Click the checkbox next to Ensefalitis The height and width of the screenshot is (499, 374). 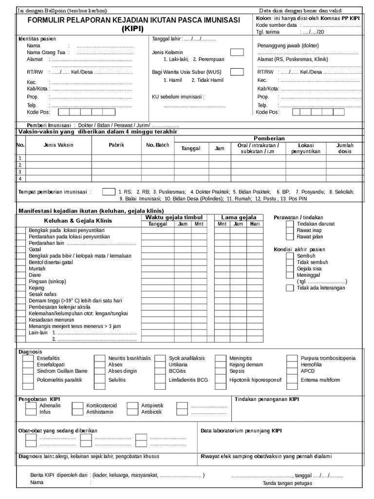(x=27, y=358)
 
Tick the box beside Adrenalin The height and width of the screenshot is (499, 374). (x=31, y=405)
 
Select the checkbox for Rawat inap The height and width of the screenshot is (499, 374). (x=290, y=230)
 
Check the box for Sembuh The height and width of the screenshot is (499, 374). (x=290, y=256)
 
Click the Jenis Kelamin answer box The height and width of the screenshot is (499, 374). (x=237, y=52)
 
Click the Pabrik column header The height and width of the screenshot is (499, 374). (x=116, y=145)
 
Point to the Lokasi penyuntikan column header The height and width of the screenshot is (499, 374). (x=305, y=149)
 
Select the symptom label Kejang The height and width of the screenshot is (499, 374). (x=37, y=288)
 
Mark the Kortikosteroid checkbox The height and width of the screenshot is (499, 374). (x=77, y=405)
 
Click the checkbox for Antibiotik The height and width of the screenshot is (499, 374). (x=132, y=412)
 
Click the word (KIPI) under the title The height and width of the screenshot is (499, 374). (x=132, y=29)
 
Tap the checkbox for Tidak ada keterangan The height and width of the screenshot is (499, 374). (x=290, y=288)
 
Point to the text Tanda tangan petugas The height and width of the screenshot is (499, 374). (x=287, y=483)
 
